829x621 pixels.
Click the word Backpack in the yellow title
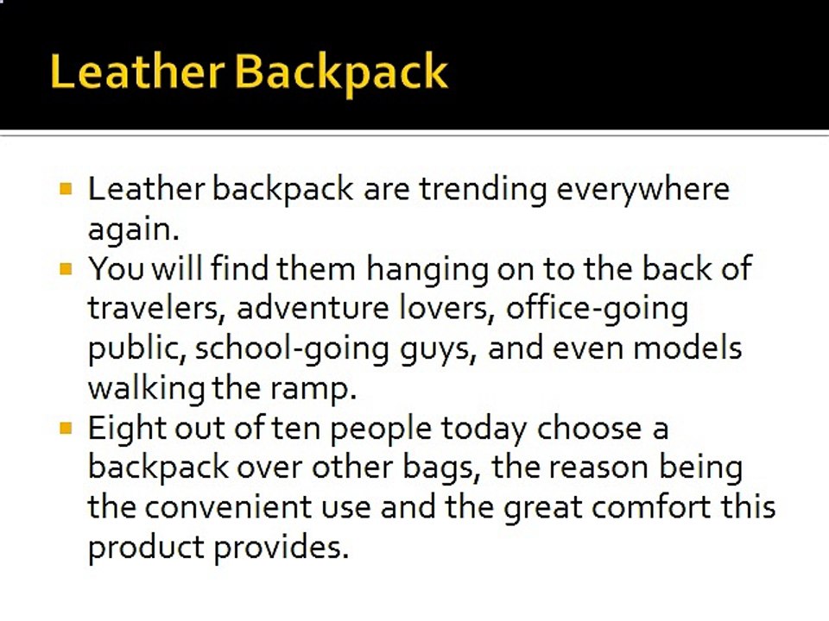[x=341, y=72]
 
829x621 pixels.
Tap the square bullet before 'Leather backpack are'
[x=66, y=189]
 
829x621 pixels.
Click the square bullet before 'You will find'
[x=66, y=269]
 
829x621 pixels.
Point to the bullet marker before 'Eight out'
[x=66, y=428]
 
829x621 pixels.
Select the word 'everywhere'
[x=642, y=190]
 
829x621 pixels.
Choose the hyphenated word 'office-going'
[x=597, y=310]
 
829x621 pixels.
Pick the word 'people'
[x=381, y=430]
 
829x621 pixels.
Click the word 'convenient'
[x=228, y=507]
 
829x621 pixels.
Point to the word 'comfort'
[x=651, y=506]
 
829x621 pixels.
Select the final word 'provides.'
[x=282, y=549]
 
